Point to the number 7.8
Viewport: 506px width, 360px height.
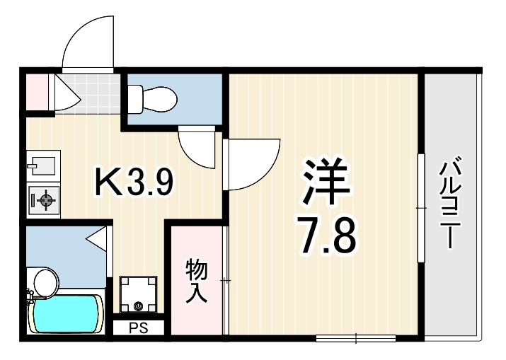(x=328, y=236)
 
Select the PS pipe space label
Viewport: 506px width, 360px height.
(x=139, y=328)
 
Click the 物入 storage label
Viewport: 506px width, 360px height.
(x=196, y=281)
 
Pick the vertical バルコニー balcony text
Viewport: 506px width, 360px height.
(x=450, y=202)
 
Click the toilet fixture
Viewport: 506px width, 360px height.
(x=152, y=99)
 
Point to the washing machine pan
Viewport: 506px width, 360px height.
(x=138, y=294)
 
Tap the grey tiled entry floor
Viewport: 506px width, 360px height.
(x=87, y=94)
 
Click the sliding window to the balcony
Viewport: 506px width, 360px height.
(x=421, y=208)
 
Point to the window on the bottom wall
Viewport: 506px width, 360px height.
(x=356, y=338)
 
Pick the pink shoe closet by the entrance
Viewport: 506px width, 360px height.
(x=37, y=92)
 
